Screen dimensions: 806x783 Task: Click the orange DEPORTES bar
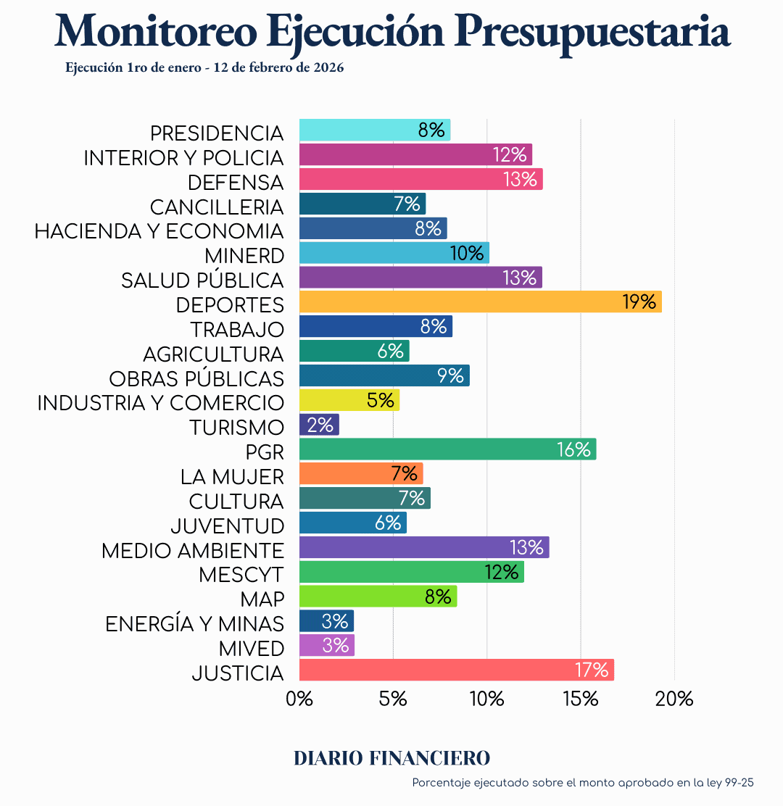pyautogui.click(x=480, y=302)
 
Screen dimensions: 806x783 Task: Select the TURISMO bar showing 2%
pyautogui.click(x=319, y=425)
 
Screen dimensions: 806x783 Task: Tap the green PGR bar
pyautogui.click(x=447, y=449)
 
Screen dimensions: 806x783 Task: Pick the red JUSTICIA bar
pyautogui.click(x=457, y=670)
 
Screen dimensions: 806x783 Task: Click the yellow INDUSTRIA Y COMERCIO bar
pyautogui.click(x=349, y=400)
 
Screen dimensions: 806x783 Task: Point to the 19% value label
pyautogui.click(x=639, y=302)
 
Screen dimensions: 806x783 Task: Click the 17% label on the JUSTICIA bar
pyautogui.click(x=592, y=670)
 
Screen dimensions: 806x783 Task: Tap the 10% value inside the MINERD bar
pyautogui.click(x=466, y=253)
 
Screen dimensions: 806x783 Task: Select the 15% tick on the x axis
pyautogui.click(x=581, y=699)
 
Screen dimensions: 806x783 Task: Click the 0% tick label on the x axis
pyautogui.click(x=299, y=699)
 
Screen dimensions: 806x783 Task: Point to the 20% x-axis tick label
pyautogui.click(x=674, y=699)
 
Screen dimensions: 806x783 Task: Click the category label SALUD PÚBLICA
pyautogui.click(x=202, y=281)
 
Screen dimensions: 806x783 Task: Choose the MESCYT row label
pyautogui.click(x=241, y=575)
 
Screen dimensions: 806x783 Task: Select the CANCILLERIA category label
pyautogui.click(x=217, y=207)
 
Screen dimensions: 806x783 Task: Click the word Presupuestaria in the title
pyautogui.click(x=595, y=30)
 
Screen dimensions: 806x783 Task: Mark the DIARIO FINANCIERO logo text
pyautogui.click(x=391, y=758)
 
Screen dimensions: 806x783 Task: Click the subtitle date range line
pyautogui.click(x=204, y=68)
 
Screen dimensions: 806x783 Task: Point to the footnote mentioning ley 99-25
pyautogui.click(x=583, y=783)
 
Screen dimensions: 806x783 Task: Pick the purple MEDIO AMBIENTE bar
pyautogui.click(x=424, y=547)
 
